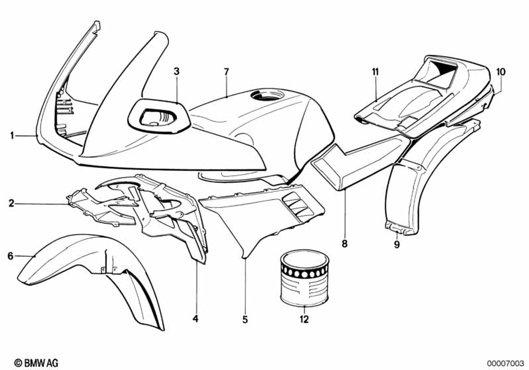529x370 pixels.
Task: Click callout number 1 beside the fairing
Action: (x=12, y=136)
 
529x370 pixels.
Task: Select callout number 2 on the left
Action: (x=11, y=202)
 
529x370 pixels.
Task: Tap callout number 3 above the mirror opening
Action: (x=177, y=71)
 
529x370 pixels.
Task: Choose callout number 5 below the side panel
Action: (x=245, y=319)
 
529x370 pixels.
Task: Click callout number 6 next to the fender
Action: (x=10, y=256)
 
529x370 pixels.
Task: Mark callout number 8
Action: (x=344, y=244)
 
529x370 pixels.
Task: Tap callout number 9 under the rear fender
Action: (x=397, y=244)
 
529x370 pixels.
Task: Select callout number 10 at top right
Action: (x=501, y=71)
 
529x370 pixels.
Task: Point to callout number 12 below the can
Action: (x=304, y=319)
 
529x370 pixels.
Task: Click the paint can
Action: (x=304, y=278)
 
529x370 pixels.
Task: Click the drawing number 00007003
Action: (x=505, y=362)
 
